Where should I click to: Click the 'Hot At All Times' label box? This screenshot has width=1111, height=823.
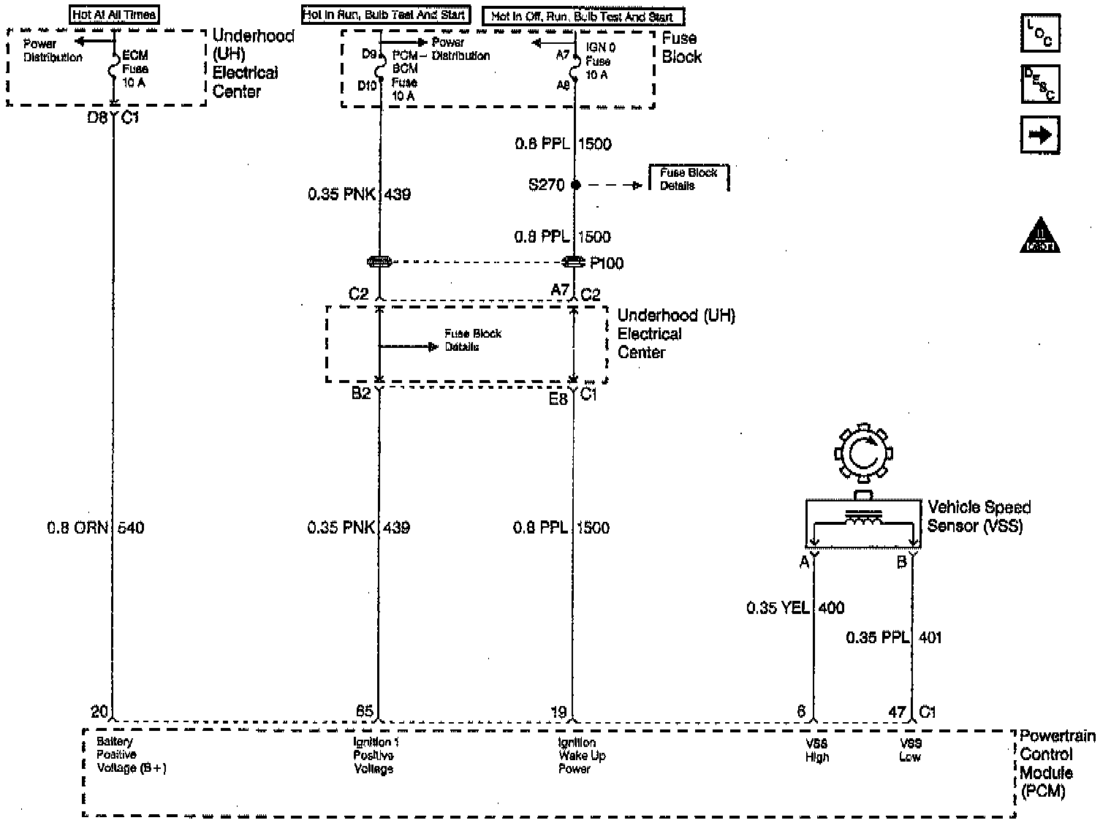pos(114,15)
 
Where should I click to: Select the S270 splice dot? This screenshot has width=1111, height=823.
pos(575,185)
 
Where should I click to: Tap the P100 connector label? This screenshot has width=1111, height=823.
pos(607,263)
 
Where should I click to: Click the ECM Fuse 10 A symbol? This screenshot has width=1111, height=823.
pos(114,69)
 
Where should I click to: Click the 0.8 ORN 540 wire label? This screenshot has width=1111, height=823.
pos(96,528)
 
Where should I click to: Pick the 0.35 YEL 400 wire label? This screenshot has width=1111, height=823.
pos(795,607)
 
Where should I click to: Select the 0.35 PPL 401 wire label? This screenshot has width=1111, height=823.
pos(893,637)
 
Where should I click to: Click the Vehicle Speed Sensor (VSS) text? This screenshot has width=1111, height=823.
pos(979,516)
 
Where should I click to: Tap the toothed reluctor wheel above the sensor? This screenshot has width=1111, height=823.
pos(862,454)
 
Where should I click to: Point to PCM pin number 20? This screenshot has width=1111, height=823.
pos(99,711)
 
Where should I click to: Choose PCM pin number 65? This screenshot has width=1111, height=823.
pos(364,711)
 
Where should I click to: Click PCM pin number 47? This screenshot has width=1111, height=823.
pos(897,712)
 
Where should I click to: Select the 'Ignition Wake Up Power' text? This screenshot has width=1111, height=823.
pos(582,756)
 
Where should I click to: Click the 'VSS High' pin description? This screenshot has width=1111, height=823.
pos(817,751)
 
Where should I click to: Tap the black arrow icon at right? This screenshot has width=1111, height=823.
pos(1039,135)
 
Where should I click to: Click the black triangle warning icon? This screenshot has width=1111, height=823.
pos(1039,235)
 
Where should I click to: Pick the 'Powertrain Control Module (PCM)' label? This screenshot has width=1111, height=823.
pos(1057,763)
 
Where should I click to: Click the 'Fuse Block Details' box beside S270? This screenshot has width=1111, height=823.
pos(689,179)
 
